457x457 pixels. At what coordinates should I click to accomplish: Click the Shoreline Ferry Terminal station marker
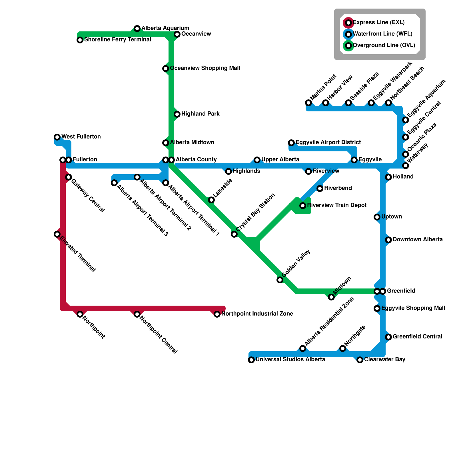pos(80,40)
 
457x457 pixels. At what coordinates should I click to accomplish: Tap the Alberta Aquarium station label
pos(165,28)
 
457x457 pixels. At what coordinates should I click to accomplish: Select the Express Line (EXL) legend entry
pos(379,23)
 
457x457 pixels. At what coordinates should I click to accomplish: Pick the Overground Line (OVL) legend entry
pos(384,45)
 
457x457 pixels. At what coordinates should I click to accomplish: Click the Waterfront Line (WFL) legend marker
pos(348,34)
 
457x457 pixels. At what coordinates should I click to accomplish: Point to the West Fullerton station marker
pos(57,137)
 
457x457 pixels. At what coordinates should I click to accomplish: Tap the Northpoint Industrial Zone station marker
pos(217,314)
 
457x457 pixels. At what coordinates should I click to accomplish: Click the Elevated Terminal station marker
pos(57,234)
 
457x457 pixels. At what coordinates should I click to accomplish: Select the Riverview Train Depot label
pos(337,205)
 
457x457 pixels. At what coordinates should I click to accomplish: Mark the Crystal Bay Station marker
pos(234,234)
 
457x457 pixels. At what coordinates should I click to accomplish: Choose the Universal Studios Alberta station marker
pos(251,360)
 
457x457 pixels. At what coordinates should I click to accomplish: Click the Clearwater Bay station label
pos(384,360)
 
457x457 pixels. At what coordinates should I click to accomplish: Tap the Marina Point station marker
pos(308,103)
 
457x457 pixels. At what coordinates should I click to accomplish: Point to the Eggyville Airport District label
pos(328,143)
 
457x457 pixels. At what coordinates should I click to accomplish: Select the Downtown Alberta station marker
pos(388,240)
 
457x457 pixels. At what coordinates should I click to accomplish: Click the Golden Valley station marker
pos(280,280)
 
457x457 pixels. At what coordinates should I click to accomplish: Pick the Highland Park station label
pos(200,114)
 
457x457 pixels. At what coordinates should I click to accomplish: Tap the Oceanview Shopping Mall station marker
pos(166,69)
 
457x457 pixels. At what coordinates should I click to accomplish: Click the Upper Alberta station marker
pos(257,160)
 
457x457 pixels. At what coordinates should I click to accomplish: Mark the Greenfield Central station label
pos(417,337)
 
